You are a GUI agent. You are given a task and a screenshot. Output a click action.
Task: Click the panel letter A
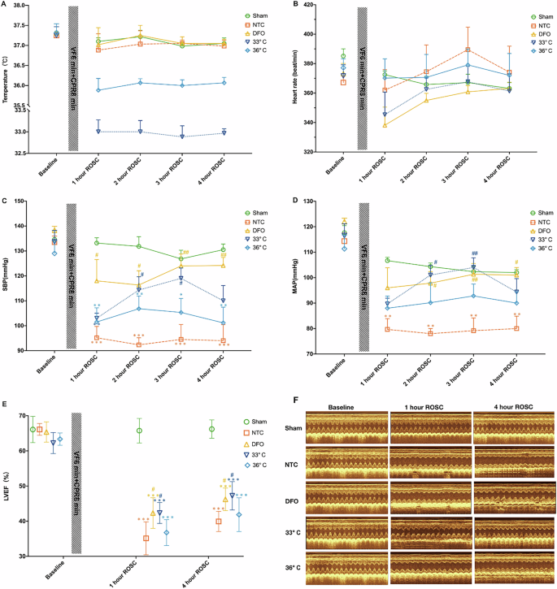click(x=6, y=5)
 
